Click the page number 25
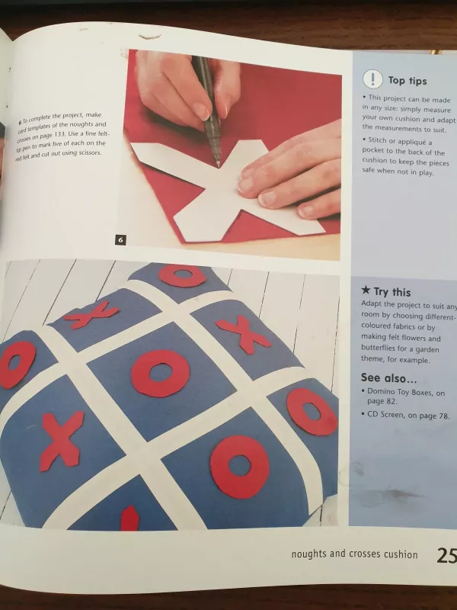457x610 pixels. [446, 554]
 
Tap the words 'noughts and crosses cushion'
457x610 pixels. [354, 554]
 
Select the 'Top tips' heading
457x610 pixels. [407, 80]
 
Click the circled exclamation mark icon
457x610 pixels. [372, 79]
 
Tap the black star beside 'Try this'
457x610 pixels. [366, 291]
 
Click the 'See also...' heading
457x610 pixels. [388, 378]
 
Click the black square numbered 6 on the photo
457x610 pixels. [120, 240]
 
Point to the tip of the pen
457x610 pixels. [218, 164]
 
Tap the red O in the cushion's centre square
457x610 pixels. [160, 374]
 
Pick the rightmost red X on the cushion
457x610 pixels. [244, 333]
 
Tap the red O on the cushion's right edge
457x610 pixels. [312, 412]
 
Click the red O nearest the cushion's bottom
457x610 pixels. [239, 465]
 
